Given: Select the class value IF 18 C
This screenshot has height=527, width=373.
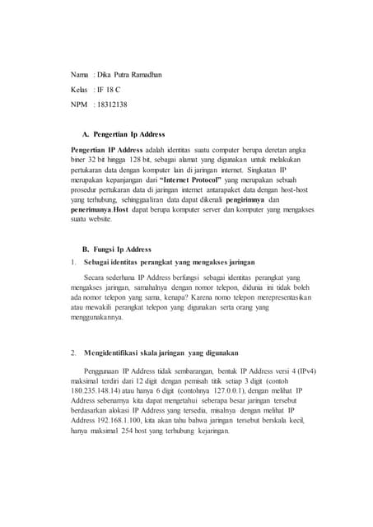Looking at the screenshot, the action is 111,91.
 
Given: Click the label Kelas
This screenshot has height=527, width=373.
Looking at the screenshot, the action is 81,91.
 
